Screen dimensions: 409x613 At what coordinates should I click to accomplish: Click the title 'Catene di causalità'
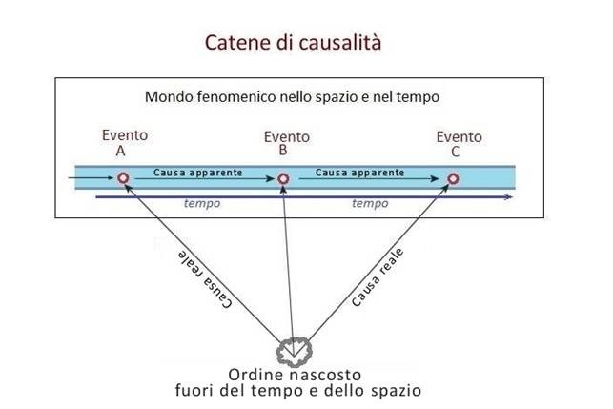tap(294, 43)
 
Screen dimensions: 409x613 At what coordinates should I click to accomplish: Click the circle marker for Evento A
tap(123, 177)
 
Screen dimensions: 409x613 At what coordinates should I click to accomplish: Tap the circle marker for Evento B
tap(282, 178)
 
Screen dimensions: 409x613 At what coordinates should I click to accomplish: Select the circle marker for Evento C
tap(453, 178)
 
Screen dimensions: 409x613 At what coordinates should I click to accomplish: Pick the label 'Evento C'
tap(459, 143)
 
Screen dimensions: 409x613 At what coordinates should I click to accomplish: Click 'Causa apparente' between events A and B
tap(197, 173)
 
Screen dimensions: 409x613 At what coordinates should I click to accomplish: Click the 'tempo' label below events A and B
tap(202, 203)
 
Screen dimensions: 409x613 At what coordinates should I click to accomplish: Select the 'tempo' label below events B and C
tap(370, 203)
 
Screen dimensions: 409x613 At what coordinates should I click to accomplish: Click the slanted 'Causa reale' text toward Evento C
tap(378, 276)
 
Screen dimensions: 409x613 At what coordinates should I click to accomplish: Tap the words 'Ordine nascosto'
tap(296, 373)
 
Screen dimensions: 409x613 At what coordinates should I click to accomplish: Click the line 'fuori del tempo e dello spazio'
tap(297, 389)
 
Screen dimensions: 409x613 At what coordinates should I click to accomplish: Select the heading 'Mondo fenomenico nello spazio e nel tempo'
tap(292, 97)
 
